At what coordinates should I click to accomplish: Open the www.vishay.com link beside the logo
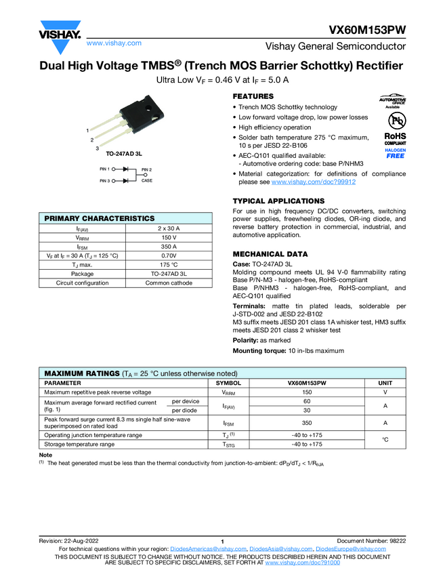coord(114,43)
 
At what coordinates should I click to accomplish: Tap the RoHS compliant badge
coord(395,139)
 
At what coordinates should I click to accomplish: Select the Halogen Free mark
coord(395,153)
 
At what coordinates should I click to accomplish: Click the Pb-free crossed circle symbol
coord(395,120)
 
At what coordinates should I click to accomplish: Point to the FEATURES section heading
coord(253,97)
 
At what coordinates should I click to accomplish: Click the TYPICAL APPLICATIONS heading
coord(278,201)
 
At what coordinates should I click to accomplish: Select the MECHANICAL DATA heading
coord(270,254)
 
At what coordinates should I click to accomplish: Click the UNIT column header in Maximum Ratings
coord(384,383)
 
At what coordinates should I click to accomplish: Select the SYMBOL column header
coord(228,383)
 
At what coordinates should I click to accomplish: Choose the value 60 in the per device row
coord(307,401)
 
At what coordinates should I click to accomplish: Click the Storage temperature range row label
coord(79,445)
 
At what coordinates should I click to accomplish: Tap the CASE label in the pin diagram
coord(147,181)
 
